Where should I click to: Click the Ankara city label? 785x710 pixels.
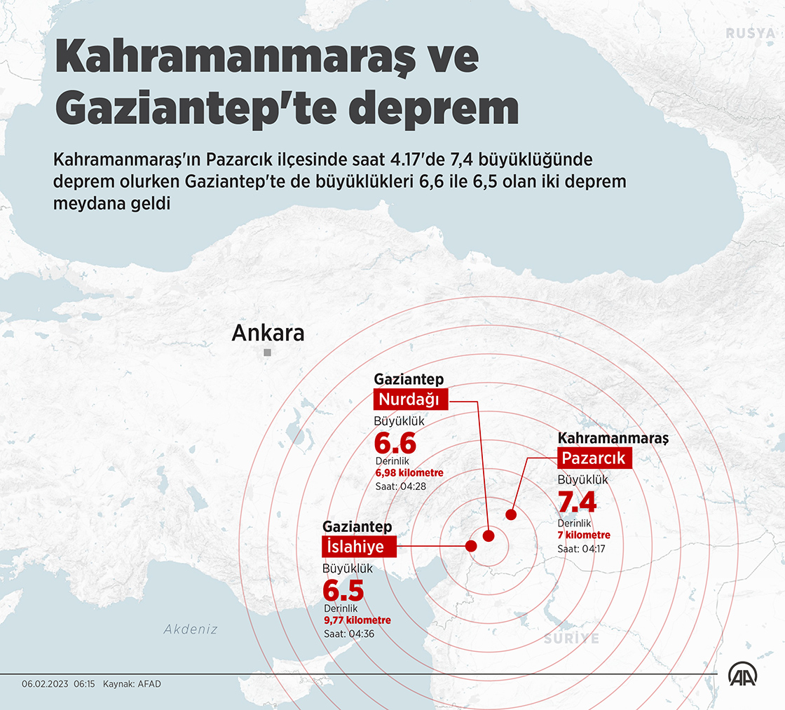(x=268, y=333)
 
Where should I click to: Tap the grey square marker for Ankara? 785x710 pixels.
(x=267, y=353)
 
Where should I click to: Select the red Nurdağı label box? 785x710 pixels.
(x=409, y=400)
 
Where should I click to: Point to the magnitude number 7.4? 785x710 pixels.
(x=577, y=503)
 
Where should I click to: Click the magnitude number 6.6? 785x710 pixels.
(x=395, y=444)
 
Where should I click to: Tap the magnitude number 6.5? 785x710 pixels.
(x=343, y=589)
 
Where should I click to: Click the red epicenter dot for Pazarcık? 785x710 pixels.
(x=511, y=515)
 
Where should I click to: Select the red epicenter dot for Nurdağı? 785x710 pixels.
(x=489, y=535)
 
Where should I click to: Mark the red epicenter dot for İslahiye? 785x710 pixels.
(x=472, y=546)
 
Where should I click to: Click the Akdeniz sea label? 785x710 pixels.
(x=191, y=629)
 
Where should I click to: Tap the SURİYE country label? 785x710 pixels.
(x=572, y=639)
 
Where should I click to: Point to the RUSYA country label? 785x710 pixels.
(x=750, y=33)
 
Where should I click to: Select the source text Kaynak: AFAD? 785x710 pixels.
(x=132, y=683)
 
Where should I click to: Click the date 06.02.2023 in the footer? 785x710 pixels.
(x=45, y=683)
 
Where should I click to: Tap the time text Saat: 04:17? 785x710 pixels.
(x=581, y=548)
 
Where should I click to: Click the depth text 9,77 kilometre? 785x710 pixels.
(x=357, y=620)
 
